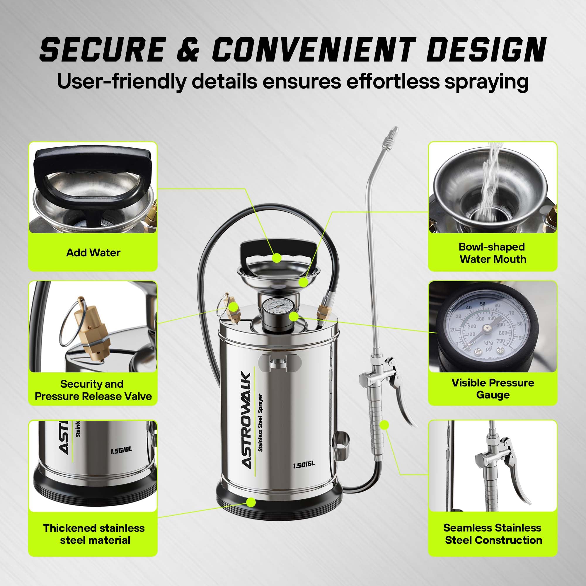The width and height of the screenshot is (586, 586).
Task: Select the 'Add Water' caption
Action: [93, 253]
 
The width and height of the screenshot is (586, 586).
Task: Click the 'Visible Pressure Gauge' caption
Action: [493, 389]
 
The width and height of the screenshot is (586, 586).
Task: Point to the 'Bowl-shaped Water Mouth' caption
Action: [493, 253]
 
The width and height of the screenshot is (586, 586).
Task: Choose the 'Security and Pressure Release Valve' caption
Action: [93, 390]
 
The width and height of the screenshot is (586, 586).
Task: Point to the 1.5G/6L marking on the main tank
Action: [304, 464]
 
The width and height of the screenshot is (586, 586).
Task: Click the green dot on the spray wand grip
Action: [385, 425]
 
